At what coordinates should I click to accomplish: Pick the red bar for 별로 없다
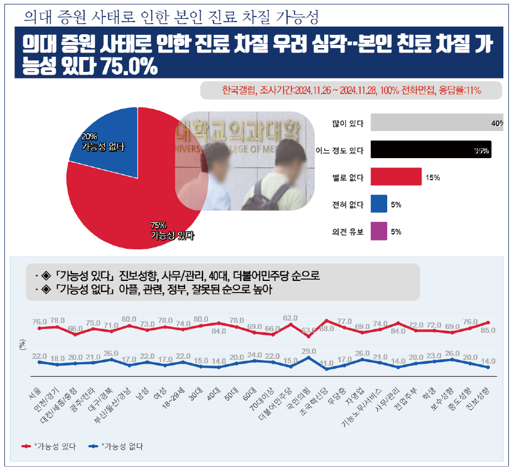(x=396, y=177)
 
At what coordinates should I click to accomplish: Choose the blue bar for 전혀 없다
(x=378, y=205)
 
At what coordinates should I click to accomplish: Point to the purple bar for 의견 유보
(x=378, y=232)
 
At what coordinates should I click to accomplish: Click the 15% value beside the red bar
(x=433, y=178)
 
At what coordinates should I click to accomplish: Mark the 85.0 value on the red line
(x=488, y=331)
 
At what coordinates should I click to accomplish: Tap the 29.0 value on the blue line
(x=309, y=351)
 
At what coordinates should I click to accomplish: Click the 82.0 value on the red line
(x=291, y=317)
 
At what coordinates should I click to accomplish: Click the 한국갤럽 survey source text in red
(x=351, y=90)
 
